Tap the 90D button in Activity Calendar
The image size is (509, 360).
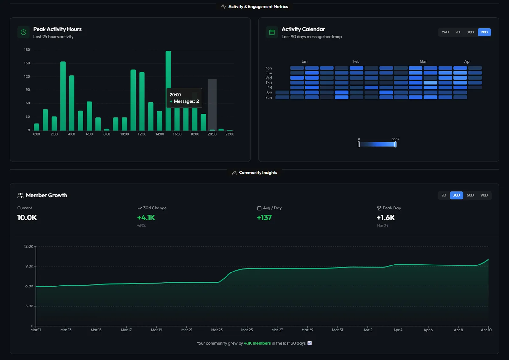click(x=484, y=32)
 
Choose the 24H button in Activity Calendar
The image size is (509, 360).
click(x=445, y=32)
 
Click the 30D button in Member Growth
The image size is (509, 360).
click(x=456, y=195)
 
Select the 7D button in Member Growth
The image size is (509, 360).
click(x=444, y=195)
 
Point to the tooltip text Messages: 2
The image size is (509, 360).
click(x=186, y=102)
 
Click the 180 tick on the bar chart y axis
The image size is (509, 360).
click(x=27, y=50)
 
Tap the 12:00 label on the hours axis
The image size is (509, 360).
click(x=142, y=134)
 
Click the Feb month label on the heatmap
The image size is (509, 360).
click(x=356, y=61)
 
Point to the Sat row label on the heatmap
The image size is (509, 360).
click(x=269, y=93)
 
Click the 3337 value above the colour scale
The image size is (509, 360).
click(x=395, y=139)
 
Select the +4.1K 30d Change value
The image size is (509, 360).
click(x=146, y=218)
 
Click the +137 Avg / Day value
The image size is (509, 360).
click(x=264, y=218)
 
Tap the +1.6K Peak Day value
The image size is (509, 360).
click(x=386, y=218)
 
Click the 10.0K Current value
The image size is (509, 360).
click(x=27, y=218)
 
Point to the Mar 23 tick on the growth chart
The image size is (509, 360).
click(x=217, y=330)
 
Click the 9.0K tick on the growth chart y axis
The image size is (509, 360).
click(x=29, y=266)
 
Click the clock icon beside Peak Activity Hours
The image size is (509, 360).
click(x=24, y=32)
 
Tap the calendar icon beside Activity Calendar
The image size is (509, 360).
click(x=272, y=32)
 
